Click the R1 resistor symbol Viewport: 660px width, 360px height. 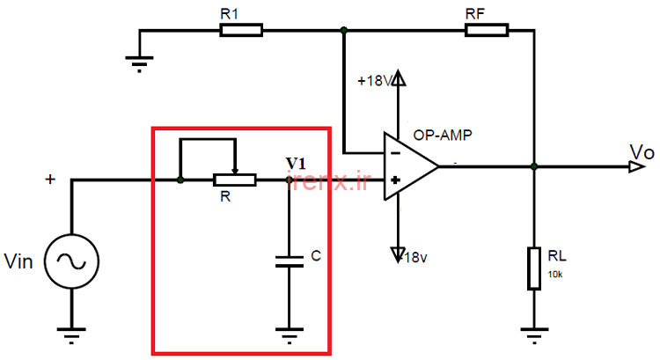pos(241,30)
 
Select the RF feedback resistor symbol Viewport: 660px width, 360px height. pos(487,30)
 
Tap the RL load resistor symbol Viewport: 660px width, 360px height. pos(534,268)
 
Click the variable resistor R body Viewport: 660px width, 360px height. pos(234,180)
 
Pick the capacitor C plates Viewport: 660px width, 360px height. pos(290,261)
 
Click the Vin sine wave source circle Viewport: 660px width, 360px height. pos(72,261)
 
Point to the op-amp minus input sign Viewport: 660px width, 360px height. pos(395,153)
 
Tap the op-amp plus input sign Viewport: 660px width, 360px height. pos(395,180)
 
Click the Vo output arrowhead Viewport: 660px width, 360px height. pos(637,167)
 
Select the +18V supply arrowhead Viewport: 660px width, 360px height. pos(398,77)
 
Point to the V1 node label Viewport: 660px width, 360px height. pos(296,163)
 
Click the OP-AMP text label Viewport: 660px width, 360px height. pos(443,136)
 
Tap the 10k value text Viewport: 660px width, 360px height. pos(555,275)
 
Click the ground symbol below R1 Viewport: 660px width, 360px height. pos(139,64)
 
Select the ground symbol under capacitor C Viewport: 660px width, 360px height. pos(290,336)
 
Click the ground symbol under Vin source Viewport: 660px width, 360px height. pos(72,336)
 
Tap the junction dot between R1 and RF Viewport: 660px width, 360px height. pos(344,30)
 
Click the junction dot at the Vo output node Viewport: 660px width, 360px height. pos(534,166)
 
